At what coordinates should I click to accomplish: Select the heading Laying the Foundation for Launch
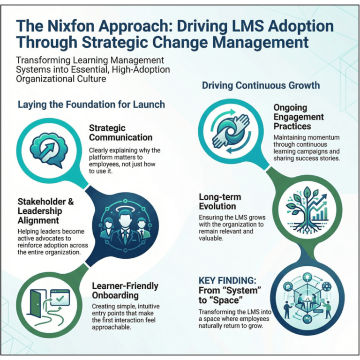(91, 104)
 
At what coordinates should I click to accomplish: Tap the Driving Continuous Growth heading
(261, 85)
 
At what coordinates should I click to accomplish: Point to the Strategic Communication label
(120, 133)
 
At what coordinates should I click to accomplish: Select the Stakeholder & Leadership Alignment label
(45, 211)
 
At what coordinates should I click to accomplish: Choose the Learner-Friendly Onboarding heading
(125, 291)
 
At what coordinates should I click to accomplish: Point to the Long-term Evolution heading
(224, 202)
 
